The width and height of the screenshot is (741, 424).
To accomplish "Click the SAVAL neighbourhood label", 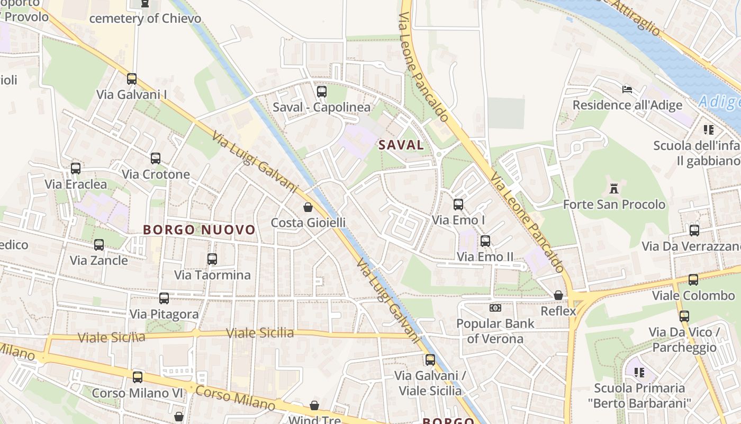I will pos(401,145).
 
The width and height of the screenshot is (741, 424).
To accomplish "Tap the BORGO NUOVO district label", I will pos(200,230).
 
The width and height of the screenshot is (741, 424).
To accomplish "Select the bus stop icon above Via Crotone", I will pos(155,158).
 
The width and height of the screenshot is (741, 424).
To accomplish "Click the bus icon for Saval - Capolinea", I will pos(321,92).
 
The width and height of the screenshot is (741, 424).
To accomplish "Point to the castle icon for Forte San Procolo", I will pos(614,189).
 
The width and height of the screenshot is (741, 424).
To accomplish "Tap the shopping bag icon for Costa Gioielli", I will pos(308,207).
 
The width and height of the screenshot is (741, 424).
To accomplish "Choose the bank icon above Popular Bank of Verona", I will pos(495,307).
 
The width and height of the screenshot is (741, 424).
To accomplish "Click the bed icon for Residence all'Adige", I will pos(627,89).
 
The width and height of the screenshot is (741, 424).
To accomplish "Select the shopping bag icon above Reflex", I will pos(558,295).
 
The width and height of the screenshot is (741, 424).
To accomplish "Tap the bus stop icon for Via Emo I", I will pos(458,204).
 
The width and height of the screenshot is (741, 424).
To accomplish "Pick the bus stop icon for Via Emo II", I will pos(485,241).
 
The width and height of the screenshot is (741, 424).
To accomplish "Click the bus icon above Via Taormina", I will pos(212,259).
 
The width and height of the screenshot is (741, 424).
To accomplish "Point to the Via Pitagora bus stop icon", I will pos(164,298).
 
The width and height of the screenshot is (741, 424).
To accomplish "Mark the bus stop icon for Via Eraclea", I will pos(76,169).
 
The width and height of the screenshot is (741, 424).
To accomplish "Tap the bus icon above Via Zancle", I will pos(99,245).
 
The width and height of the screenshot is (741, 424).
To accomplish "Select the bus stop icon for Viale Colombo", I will pos(693,280).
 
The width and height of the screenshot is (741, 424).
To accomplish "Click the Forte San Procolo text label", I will pos(614,205).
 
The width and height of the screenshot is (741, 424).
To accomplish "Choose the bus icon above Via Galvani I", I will pos(132,79).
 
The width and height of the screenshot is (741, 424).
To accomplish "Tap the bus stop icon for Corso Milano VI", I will pos(138,377).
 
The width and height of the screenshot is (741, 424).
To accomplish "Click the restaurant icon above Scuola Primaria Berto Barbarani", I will pos(639,373).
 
